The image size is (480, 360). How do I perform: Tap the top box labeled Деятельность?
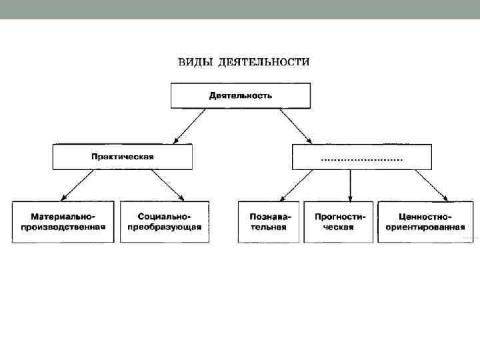click(x=241, y=95)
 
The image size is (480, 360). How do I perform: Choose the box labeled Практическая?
click(x=123, y=157)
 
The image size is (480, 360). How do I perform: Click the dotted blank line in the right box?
click(x=362, y=160)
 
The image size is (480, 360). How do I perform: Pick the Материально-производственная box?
click(x=63, y=221)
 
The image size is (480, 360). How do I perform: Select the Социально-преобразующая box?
click(x=164, y=221)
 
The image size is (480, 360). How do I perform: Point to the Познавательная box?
click(x=268, y=221)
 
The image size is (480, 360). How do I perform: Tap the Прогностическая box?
click(x=338, y=221)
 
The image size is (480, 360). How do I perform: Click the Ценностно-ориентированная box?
click(x=425, y=221)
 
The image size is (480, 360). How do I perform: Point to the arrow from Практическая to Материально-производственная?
click(x=77, y=185)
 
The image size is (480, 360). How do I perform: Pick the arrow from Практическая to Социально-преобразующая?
click(x=167, y=185)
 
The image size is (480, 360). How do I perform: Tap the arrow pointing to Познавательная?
click(x=296, y=185)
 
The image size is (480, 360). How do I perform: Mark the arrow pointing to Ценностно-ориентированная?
click(x=431, y=185)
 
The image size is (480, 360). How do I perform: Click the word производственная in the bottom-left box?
click(x=63, y=227)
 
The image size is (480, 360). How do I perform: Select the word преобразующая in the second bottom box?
click(x=164, y=227)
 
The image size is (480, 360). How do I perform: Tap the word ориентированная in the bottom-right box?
click(x=425, y=227)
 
